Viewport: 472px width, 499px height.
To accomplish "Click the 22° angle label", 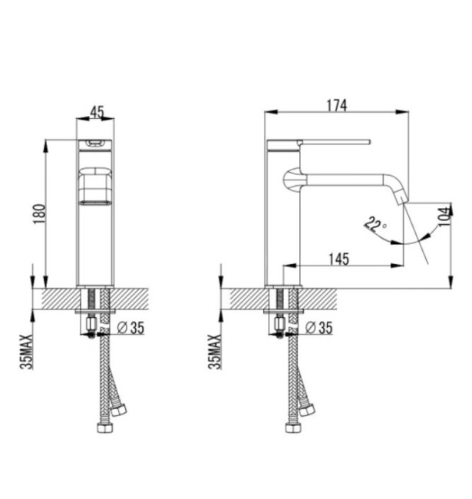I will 375,224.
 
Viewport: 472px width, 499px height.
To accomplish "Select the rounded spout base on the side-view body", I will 292,179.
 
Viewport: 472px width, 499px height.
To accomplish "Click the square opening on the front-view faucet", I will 96,184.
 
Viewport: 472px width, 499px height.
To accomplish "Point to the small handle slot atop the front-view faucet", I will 96,143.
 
